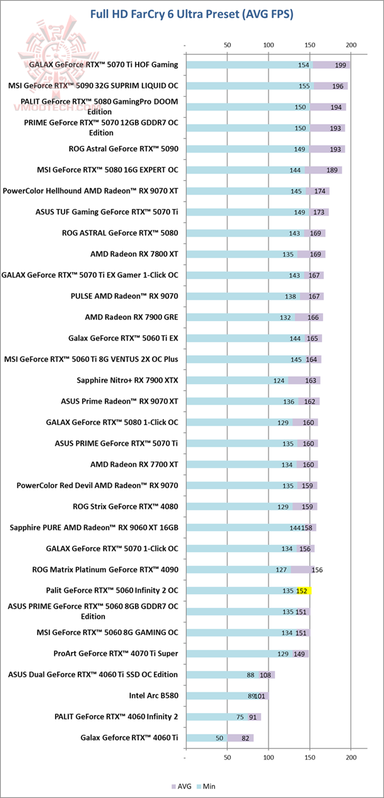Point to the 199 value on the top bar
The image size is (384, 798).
[341, 65]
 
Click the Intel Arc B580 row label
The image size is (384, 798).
[154, 695]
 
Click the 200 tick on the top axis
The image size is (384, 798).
[351, 45]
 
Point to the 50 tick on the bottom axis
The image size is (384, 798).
[227, 757]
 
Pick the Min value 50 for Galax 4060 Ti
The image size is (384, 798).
[219, 738]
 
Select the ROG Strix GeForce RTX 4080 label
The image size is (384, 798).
[125, 506]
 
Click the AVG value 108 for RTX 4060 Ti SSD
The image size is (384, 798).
[266, 675]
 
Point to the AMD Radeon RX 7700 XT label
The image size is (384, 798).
[134, 464]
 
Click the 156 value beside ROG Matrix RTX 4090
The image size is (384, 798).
[317, 570]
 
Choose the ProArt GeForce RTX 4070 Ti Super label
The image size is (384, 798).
[116, 653]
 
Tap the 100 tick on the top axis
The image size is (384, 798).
[268, 45]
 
